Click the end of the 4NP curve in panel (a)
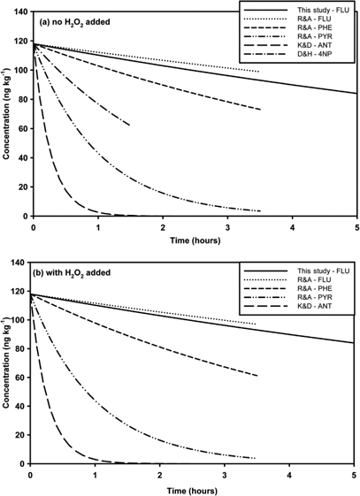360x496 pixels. coord(130,126)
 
